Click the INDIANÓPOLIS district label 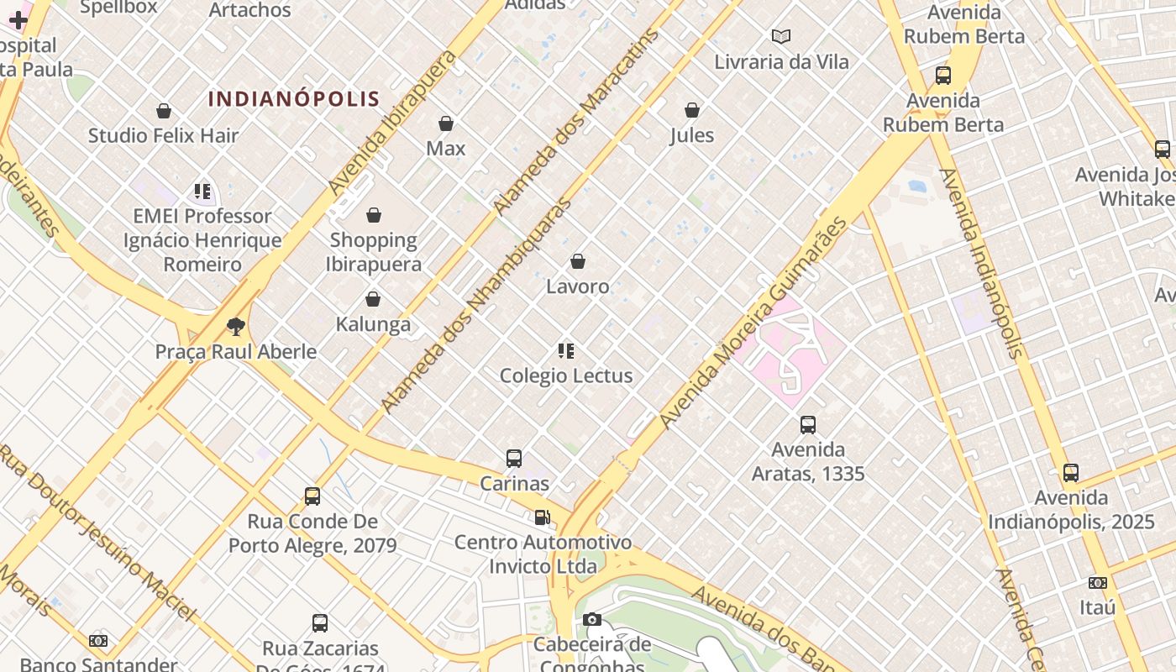point(294,98)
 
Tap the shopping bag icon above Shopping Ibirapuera point(374,216)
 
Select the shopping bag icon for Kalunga point(373,299)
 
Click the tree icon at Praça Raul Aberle point(236,326)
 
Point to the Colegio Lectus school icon point(566,351)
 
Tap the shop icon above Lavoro point(578,262)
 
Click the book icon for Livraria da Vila point(781,37)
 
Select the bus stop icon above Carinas point(514,459)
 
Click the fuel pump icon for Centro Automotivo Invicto point(543,517)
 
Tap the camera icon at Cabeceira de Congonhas point(592,620)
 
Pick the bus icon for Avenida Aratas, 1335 point(808,425)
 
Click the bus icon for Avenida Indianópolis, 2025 point(1071,473)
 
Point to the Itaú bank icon point(1097,583)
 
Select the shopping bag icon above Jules point(692,110)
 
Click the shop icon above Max point(446,123)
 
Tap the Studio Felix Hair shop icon point(164,111)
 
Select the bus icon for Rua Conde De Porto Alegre point(312,496)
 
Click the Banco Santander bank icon point(98,641)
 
